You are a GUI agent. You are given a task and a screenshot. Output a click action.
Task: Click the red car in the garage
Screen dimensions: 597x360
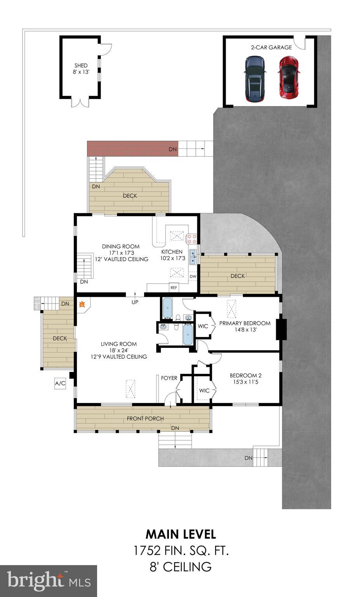coord(288,77)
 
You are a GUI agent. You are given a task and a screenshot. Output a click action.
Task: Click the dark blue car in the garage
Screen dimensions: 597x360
coord(255,79)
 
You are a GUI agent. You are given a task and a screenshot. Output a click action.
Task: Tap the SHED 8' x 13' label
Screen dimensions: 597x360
coord(81,69)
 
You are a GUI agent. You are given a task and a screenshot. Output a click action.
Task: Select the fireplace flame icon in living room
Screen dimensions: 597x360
coord(82,305)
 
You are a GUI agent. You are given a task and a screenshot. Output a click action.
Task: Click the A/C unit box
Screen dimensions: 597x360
coord(60,384)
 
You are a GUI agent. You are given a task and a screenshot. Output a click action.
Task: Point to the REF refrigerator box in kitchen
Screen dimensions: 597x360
coord(174,288)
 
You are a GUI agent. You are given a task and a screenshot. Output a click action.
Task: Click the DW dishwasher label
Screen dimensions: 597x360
coord(193,277)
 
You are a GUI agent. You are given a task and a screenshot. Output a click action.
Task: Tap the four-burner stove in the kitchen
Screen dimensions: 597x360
coord(192,238)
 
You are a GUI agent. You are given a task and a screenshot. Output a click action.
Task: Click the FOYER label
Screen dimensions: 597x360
coord(169,378)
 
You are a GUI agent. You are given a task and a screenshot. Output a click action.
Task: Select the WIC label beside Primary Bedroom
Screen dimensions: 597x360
coord(203,326)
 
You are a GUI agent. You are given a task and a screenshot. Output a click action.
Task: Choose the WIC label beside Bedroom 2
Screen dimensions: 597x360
coord(204,391)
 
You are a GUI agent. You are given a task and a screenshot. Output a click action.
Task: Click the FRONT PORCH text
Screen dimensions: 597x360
coord(145,419)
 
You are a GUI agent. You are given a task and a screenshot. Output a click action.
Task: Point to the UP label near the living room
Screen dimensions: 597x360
coord(135,302)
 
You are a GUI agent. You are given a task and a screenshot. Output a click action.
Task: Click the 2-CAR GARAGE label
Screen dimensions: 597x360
coord(271,47)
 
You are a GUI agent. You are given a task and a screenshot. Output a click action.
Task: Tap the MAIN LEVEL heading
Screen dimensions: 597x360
coord(181,534)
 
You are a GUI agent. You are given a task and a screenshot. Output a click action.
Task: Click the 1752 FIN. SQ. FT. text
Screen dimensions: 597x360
coord(181,550)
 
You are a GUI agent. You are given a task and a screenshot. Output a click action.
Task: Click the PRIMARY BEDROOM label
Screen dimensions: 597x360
coord(245,323)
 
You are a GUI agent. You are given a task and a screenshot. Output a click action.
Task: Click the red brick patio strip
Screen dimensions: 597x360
coord(132,148)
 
